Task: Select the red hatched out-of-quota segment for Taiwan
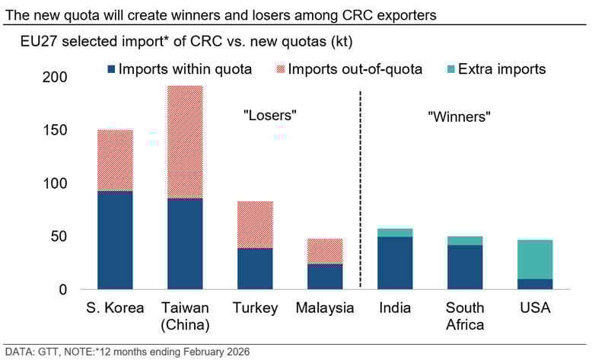[x=185, y=142]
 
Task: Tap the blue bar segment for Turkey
[x=255, y=269]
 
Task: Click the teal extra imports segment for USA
[x=535, y=260]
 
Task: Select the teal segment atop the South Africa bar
[x=465, y=241]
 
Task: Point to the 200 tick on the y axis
[x=55, y=78]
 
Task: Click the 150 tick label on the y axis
[x=55, y=130]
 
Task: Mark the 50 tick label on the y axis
[x=60, y=237]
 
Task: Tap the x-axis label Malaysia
[x=325, y=308]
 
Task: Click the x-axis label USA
[x=535, y=308]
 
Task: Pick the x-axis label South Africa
[x=465, y=316]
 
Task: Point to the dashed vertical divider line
[x=360, y=190]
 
